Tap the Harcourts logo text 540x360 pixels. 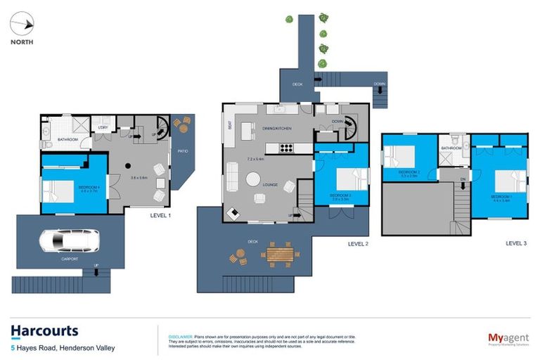pyautogui.click(x=44, y=330)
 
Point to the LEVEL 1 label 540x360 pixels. pyautogui.click(x=160, y=215)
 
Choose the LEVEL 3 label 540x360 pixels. pyautogui.click(x=516, y=243)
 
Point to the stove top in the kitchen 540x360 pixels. pyautogui.click(x=287, y=148)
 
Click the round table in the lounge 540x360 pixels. pyautogui.click(x=252, y=179)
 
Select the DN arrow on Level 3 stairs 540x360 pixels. pyautogui.click(x=463, y=185)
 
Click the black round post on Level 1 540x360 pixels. pyautogui.click(x=129, y=165)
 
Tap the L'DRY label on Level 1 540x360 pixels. pyautogui.click(x=103, y=128)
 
